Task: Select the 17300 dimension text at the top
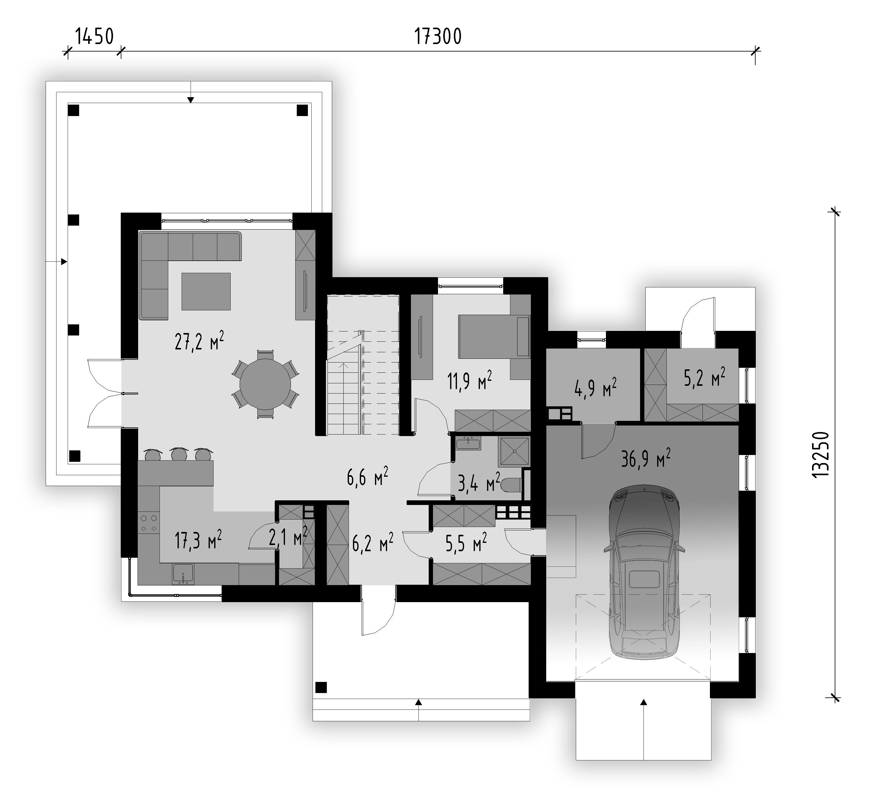(438, 37)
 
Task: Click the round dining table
(265, 384)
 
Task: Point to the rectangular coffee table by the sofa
(206, 291)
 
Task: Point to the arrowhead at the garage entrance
(644, 702)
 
